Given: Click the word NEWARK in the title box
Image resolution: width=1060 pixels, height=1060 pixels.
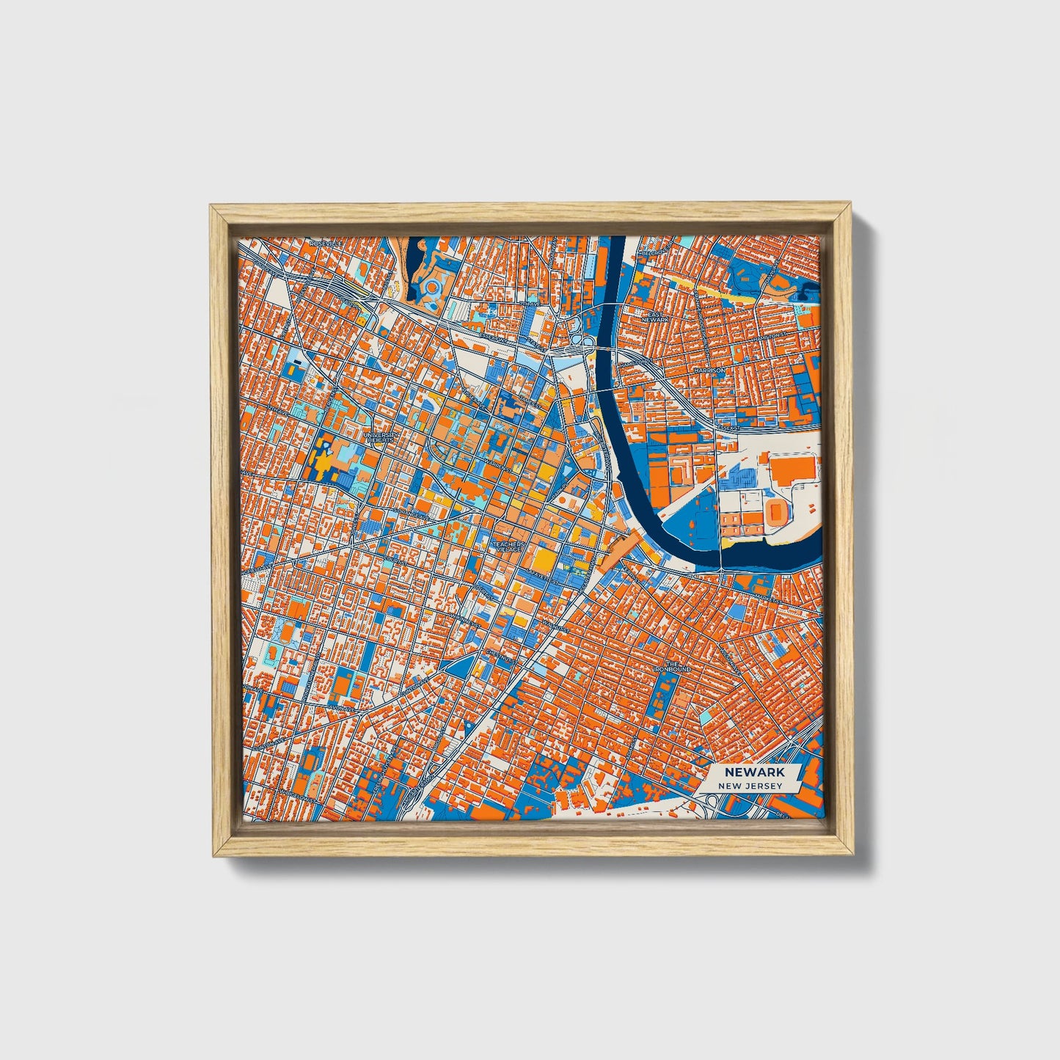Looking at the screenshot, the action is pyautogui.click(x=754, y=772).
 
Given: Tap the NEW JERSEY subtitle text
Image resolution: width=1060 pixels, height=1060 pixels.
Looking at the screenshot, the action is pyautogui.click(x=750, y=786).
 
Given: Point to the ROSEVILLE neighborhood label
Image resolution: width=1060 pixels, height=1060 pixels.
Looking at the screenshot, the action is pyautogui.click(x=321, y=243).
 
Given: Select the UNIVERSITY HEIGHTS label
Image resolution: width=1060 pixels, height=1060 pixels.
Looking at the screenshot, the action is pyautogui.click(x=384, y=436).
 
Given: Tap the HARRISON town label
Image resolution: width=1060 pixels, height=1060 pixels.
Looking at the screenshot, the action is pyautogui.click(x=709, y=371).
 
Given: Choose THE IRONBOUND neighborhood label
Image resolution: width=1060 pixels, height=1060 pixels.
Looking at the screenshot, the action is pyautogui.click(x=673, y=666).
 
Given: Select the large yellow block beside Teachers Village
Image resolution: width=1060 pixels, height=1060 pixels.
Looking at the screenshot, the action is pyautogui.click(x=544, y=561).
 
